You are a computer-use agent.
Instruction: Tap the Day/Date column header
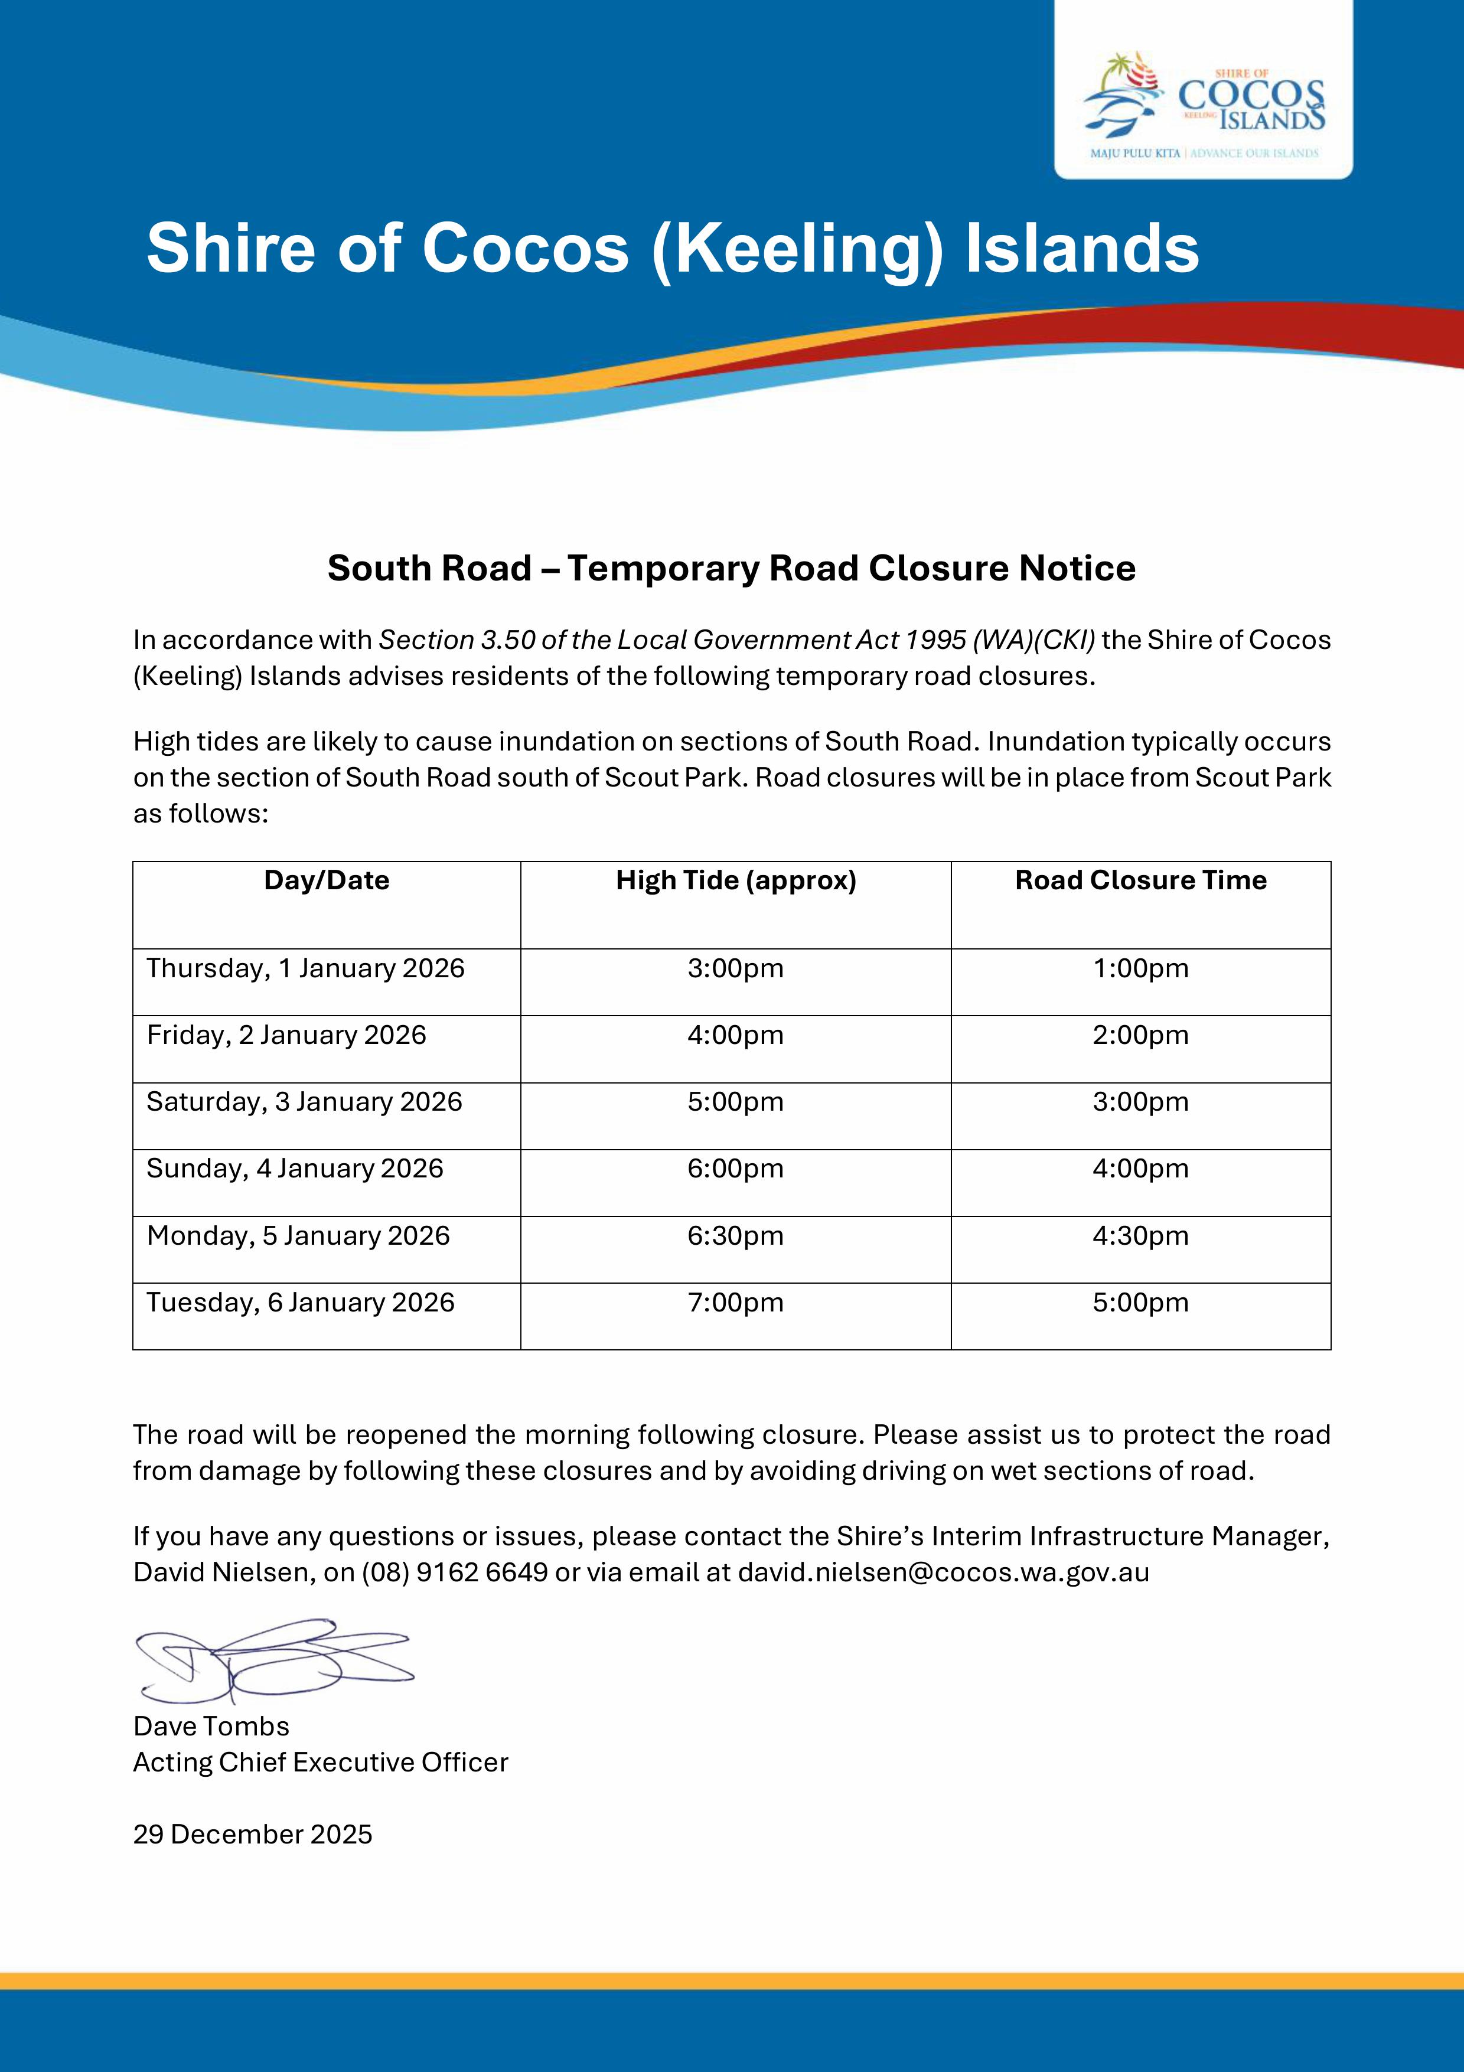tap(327, 881)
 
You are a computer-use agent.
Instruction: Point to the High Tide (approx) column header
tap(736, 881)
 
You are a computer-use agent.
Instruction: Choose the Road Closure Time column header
tap(1141, 881)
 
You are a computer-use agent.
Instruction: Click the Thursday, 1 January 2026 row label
tap(305, 968)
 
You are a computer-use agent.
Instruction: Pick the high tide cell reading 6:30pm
tap(736, 1235)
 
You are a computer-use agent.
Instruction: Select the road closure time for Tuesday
tap(1141, 1302)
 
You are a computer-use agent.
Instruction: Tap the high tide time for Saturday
tap(736, 1102)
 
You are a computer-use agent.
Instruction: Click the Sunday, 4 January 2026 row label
tap(295, 1169)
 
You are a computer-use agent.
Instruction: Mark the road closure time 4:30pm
tap(1141, 1235)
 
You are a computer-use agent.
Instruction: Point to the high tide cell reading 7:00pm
tap(736, 1302)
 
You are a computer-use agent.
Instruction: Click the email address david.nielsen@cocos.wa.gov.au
tap(943, 1572)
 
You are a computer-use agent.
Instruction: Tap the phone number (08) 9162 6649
tap(455, 1572)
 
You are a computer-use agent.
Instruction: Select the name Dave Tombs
tap(211, 1727)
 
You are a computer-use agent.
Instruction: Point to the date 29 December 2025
tap(253, 1835)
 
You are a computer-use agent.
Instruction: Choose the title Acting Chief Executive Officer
tap(321, 1763)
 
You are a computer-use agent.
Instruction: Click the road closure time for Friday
tap(1141, 1035)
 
